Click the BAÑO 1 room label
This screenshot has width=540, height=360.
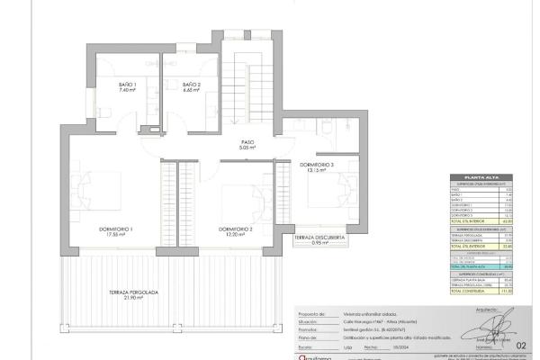pyautogui.click(x=127, y=85)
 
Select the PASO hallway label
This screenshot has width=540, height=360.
pyautogui.click(x=247, y=141)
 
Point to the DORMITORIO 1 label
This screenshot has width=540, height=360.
pyautogui.click(x=116, y=229)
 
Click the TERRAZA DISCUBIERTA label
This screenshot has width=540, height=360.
pyautogui.click(x=317, y=238)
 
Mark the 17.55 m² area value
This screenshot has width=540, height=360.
pyautogui.click(x=116, y=234)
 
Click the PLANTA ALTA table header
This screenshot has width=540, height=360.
pyautogui.click(x=487, y=178)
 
